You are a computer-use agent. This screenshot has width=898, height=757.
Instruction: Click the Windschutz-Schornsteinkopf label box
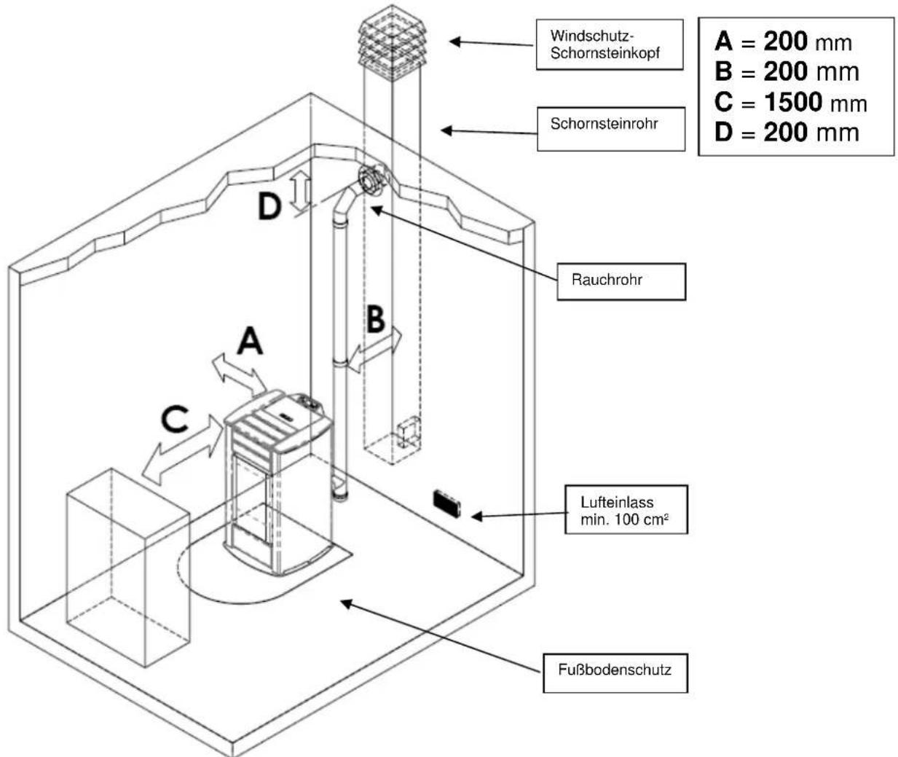[609, 45]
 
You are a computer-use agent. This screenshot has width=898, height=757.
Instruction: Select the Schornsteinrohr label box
[610, 129]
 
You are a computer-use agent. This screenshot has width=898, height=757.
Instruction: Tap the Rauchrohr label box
[621, 281]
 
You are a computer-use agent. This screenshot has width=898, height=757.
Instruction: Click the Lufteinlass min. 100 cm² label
[626, 510]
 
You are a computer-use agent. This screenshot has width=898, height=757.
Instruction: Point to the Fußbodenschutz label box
[615, 672]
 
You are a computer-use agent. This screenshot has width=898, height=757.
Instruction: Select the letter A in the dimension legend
[723, 42]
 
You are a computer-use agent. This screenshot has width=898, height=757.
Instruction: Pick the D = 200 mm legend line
[787, 133]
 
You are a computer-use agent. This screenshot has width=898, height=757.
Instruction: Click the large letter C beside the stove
[176, 420]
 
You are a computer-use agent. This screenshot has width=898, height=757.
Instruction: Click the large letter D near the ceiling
[269, 207]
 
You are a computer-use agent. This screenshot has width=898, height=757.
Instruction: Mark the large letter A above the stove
[250, 340]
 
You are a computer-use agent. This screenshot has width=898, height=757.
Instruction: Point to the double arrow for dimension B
[374, 350]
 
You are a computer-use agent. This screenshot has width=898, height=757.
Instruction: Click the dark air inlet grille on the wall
[445, 503]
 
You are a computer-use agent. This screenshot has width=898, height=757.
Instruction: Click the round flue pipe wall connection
[371, 178]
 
